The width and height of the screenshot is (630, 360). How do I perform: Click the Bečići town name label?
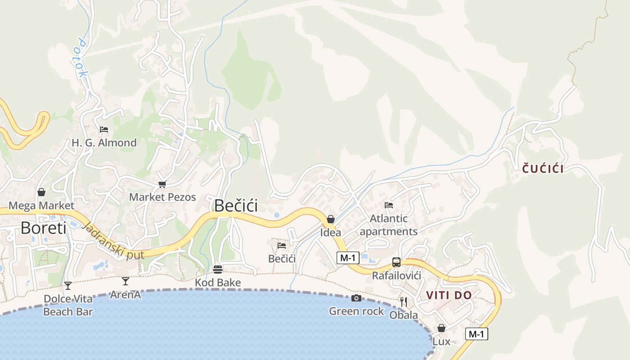pyautogui.click(x=236, y=205)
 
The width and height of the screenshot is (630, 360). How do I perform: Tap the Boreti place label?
pyautogui.click(x=43, y=228)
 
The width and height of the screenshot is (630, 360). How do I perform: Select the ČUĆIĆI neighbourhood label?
pyautogui.click(x=543, y=169)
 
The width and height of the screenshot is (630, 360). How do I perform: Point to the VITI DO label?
pyautogui.click(x=449, y=295)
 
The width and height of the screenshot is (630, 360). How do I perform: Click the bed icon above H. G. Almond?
pyautogui.click(x=104, y=130)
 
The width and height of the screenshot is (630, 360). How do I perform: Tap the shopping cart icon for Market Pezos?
pyautogui.click(x=162, y=184)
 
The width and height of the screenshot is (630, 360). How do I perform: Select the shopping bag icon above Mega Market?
pyautogui.click(x=41, y=193)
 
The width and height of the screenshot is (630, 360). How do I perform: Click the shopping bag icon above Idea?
pyautogui.click(x=331, y=219)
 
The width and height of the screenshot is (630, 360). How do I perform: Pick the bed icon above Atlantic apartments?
pyautogui.click(x=389, y=205)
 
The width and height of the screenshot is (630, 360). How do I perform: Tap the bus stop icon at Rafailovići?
pyautogui.click(x=396, y=262)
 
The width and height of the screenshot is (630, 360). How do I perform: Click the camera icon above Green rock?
pyautogui.click(x=356, y=298)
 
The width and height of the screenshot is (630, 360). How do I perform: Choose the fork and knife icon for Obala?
pyautogui.click(x=404, y=301)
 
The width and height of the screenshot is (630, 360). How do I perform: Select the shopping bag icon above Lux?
pyautogui.click(x=441, y=328)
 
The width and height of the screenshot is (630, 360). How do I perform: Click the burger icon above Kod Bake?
pyautogui.click(x=218, y=269)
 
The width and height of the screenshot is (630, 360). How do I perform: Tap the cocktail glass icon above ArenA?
pyautogui.click(x=126, y=281)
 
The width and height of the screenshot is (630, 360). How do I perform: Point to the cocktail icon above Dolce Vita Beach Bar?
pyautogui.click(x=68, y=285)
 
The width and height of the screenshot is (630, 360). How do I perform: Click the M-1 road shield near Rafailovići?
pyautogui.click(x=348, y=258)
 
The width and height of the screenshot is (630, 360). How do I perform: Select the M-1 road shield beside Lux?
pyautogui.click(x=477, y=334)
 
